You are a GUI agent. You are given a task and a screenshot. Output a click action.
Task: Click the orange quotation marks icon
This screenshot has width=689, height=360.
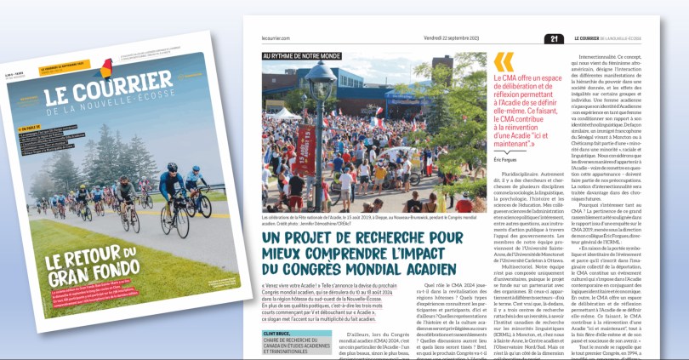pos(504,62)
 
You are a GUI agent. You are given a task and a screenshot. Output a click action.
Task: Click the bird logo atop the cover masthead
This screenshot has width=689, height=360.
pos(105,68)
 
